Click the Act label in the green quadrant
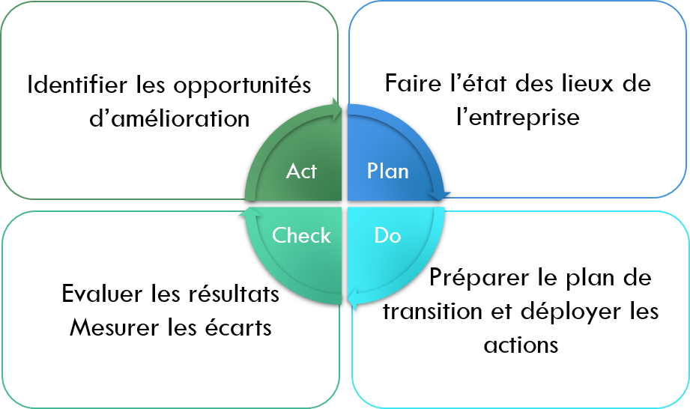point(301,171)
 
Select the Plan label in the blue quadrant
point(387,171)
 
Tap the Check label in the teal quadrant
point(301,235)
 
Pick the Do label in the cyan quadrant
point(387,235)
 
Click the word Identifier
point(77,85)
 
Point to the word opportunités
point(242,85)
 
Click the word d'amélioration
point(169,118)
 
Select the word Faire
point(413,83)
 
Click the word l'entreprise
point(518,117)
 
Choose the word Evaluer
point(102,294)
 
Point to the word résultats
point(234,294)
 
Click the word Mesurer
point(114,327)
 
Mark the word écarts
point(238,327)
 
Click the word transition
point(432,312)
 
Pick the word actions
point(521,345)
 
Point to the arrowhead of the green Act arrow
point(337,109)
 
